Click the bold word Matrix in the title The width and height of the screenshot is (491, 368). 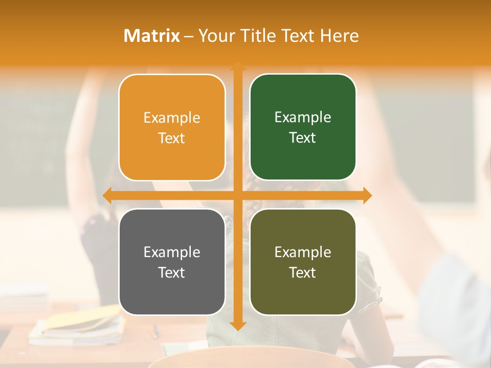point(152,36)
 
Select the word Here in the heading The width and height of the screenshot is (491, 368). point(340,36)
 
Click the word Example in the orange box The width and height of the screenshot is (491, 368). point(172,118)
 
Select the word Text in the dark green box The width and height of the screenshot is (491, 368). point(303,138)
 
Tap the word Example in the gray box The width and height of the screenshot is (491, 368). point(172,252)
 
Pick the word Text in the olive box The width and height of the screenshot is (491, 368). point(303,273)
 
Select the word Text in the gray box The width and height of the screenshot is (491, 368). point(172,273)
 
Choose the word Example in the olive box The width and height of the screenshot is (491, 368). point(303,252)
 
